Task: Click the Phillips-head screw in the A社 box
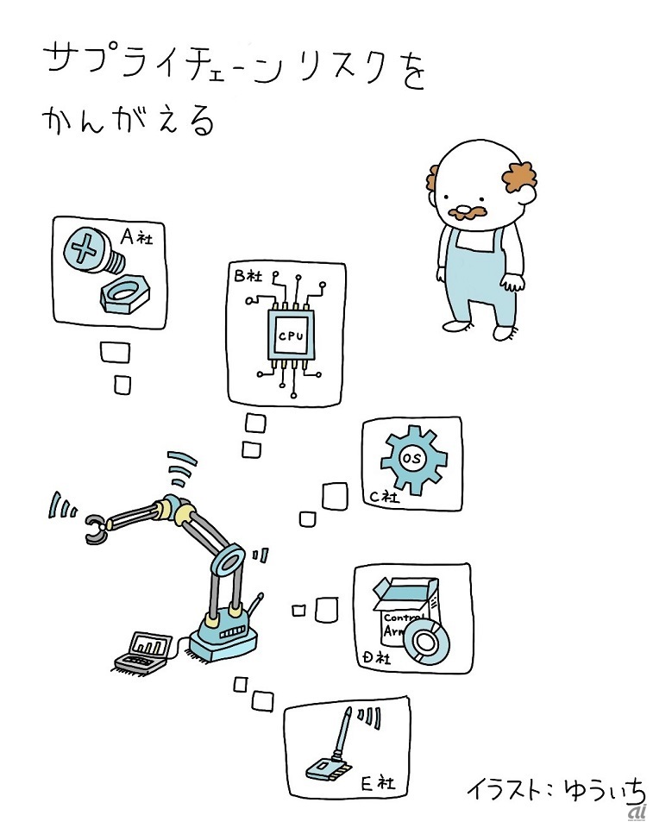pos(93,251)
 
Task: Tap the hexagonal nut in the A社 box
pos(125,292)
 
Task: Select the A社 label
pos(137,236)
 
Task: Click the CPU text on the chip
pos(291,336)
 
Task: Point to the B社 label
pos(248,275)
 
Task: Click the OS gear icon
pos(414,459)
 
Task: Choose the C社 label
pos(385,496)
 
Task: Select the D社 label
pos(376,657)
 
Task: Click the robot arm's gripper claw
pos(96,529)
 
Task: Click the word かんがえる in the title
pos(129,121)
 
